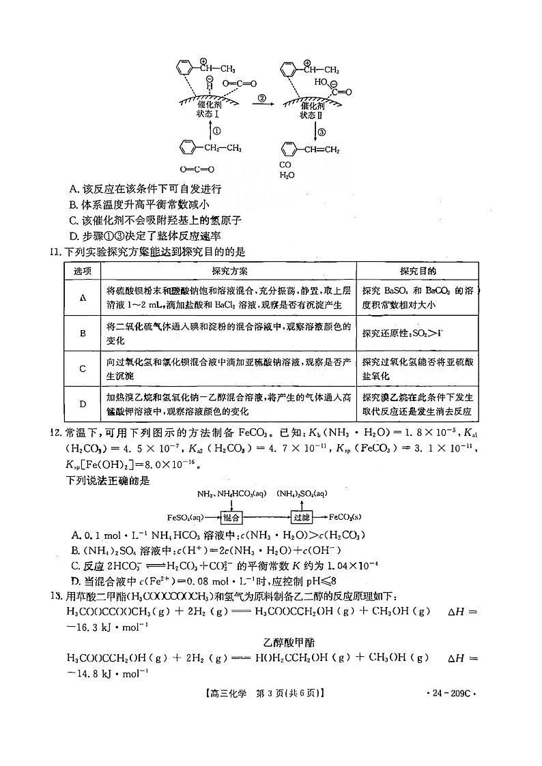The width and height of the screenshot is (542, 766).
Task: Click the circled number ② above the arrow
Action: (261, 98)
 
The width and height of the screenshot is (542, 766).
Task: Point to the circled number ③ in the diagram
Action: (322, 132)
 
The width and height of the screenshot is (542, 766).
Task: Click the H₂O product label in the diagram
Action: (287, 175)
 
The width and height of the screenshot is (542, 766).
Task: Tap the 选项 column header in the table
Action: (83, 271)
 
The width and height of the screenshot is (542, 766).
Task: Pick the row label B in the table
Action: (83, 333)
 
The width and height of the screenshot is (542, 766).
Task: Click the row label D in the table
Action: (83, 404)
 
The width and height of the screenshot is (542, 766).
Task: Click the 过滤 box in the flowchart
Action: (302, 518)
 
